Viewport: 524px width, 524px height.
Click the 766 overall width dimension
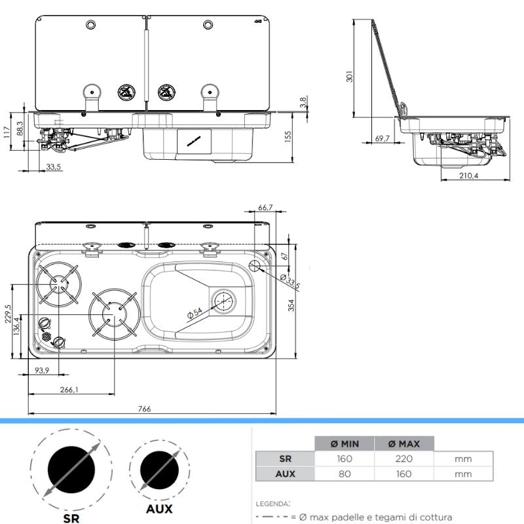[x=145, y=409]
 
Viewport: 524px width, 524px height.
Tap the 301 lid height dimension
[x=349, y=77]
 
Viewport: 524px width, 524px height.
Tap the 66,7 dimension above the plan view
[x=265, y=208]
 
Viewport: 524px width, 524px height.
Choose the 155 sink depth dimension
[x=286, y=136]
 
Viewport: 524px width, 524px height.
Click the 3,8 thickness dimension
[x=303, y=102]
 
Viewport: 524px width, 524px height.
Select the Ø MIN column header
[x=345, y=443]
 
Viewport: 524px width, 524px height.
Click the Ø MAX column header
[x=403, y=443]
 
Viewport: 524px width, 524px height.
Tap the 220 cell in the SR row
[x=403, y=458]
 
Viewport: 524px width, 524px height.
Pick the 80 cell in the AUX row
[x=345, y=474]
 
